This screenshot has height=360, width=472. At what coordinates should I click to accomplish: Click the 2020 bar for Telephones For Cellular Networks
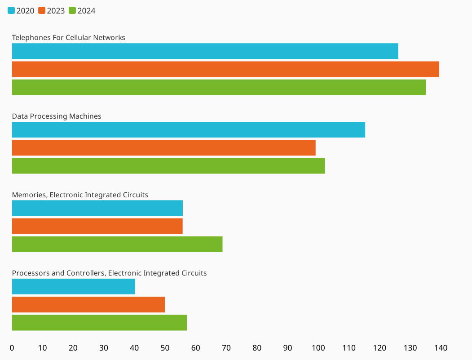point(205,51)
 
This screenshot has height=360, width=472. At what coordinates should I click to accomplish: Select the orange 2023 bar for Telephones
point(225,69)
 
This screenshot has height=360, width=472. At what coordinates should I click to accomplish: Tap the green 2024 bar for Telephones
point(219,87)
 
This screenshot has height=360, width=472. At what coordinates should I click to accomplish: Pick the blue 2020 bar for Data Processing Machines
point(188,129)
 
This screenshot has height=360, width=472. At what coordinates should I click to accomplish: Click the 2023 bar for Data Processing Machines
point(163,147)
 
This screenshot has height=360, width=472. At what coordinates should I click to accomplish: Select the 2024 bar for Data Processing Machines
point(168,166)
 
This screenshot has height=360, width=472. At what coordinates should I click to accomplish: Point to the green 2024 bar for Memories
point(117,244)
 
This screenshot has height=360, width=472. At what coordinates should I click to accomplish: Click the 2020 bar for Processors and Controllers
point(73,287)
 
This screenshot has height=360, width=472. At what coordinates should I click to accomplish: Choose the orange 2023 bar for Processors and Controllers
point(88,305)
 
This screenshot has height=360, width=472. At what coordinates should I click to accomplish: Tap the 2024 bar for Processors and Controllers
point(99,323)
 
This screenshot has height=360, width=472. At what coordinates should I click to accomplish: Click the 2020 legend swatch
point(11,10)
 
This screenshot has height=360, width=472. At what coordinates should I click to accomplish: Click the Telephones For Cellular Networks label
point(68,37)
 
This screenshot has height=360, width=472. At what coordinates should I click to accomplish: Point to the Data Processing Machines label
point(57,116)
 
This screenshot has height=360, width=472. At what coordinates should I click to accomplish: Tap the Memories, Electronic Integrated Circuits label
point(80,195)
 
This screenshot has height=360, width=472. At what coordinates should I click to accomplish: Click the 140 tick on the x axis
point(441,348)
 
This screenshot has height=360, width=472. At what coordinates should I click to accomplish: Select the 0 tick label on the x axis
point(12,348)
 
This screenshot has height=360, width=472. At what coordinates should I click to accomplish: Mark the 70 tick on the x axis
point(226,348)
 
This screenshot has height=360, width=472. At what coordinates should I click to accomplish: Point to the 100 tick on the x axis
point(318,348)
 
